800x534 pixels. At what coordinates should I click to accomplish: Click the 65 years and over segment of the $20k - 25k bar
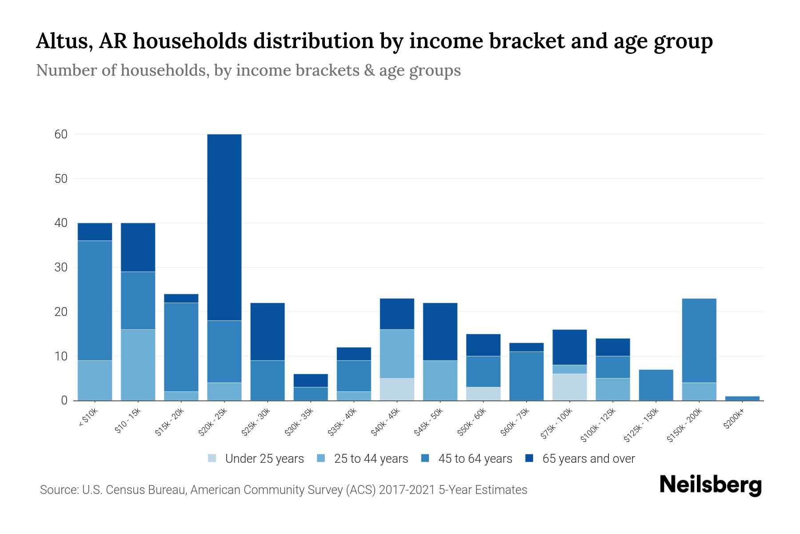(224, 227)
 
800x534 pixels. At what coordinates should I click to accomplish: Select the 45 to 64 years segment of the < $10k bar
(95, 300)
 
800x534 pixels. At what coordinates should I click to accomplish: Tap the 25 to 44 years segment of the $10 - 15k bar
(138, 365)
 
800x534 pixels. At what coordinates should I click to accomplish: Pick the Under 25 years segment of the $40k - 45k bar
(397, 389)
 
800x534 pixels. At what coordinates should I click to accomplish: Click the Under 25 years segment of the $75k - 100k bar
(569, 387)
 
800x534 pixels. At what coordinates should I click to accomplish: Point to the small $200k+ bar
(742, 398)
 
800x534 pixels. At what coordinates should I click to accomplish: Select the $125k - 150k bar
(656, 385)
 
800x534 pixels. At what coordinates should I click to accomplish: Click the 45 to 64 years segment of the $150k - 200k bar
(699, 340)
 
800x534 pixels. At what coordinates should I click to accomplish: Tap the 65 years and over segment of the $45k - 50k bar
(440, 332)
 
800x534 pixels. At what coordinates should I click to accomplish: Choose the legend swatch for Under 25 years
(212, 458)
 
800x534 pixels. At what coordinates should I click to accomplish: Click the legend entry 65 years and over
(588, 458)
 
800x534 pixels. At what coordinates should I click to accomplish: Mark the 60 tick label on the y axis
(61, 134)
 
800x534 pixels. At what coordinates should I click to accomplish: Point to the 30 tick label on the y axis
(61, 267)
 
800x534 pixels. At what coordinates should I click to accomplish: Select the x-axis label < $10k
(88, 418)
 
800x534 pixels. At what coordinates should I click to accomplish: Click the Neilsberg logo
(710, 485)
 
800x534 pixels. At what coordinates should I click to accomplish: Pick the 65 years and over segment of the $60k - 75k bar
(526, 347)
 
